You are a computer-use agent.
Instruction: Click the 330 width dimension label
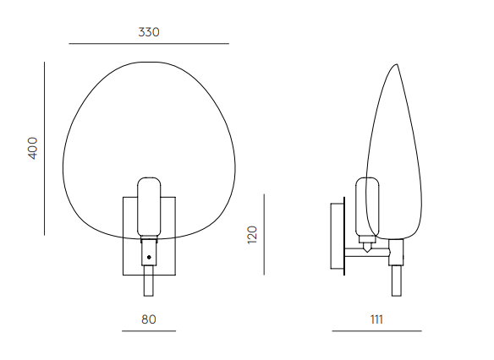pos(149,32)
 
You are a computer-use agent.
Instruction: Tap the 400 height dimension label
pos(32,148)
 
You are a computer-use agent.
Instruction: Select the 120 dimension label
pos(252,235)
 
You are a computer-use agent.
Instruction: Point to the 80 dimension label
pos(149,319)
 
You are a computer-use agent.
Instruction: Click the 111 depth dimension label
pos(376,319)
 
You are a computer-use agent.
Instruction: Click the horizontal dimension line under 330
pos(149,43)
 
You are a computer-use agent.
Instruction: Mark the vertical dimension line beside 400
pos(45,148)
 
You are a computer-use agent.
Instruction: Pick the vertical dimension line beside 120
pos(264,234)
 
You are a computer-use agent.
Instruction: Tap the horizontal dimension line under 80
pos(149,331)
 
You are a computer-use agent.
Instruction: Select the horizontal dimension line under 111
pos(376,331)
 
